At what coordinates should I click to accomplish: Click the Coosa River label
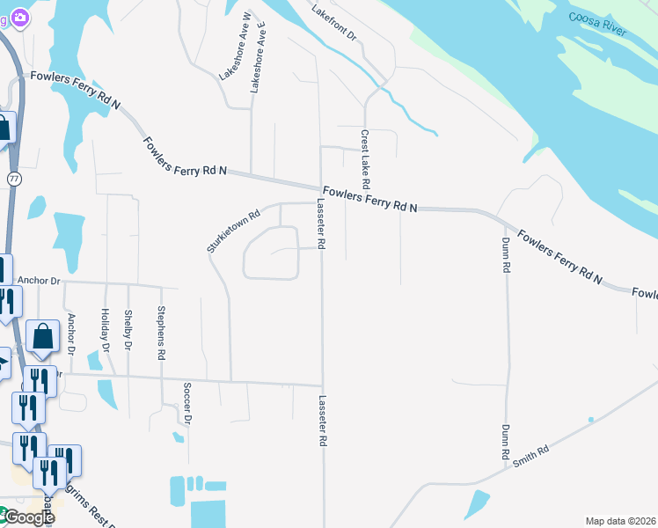coord(596,24)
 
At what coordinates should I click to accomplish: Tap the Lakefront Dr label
coord(335,21)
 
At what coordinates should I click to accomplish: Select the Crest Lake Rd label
coord(364,161)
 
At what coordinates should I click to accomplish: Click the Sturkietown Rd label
coord(235,231)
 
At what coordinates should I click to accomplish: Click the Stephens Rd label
coord(161,333)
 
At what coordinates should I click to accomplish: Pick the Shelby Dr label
coord(128,329)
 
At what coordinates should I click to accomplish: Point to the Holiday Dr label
coord(105,330)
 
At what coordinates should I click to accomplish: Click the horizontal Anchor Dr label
coord(38,282)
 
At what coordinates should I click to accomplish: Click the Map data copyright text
coord(620,521)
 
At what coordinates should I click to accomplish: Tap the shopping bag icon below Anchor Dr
coord(42,336)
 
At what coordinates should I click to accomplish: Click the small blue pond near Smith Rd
coord(477,504)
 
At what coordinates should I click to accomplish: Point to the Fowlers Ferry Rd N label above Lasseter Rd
coord(369,199)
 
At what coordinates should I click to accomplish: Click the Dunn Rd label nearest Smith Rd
coord(506,444)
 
